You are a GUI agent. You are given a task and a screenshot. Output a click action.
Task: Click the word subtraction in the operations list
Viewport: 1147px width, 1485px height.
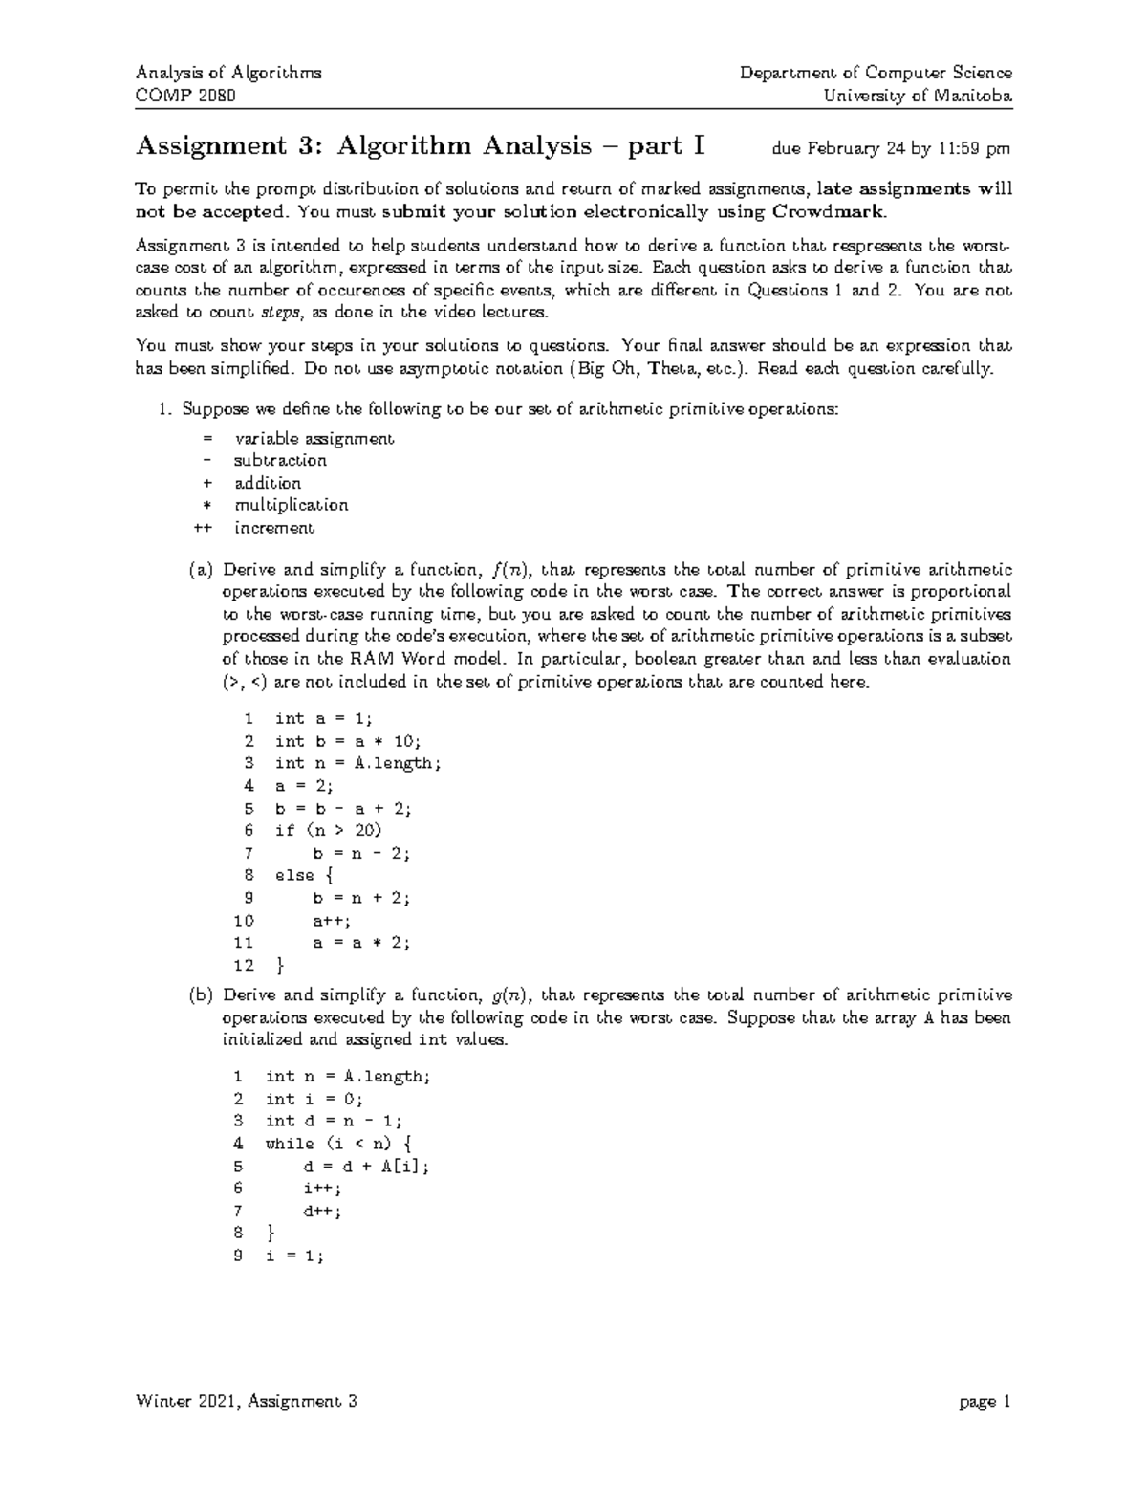(280, 461)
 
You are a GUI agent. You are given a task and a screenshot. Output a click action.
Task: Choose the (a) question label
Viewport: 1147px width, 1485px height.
(201, 571)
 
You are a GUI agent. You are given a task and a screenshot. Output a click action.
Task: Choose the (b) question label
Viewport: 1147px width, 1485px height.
(201, 995)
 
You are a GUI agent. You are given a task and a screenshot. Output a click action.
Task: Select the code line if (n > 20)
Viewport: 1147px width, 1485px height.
(328, 830)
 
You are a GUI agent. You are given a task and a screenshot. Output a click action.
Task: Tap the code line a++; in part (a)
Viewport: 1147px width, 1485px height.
(332, 920)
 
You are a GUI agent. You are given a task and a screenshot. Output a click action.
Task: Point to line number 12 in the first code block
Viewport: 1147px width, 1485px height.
(244, 965)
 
